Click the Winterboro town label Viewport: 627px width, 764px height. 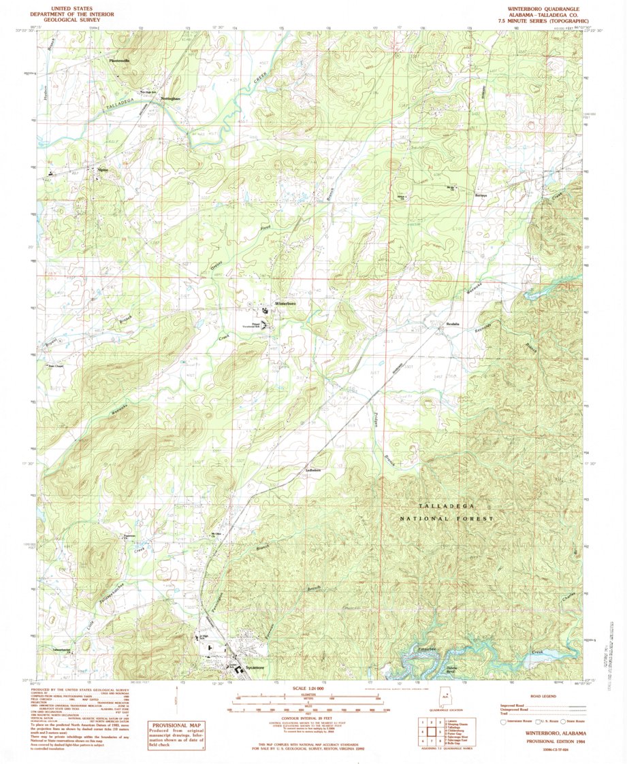(x=285, y=303)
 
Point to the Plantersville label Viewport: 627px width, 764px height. (x=119, y=61)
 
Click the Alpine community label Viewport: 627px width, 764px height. (x=103, y=170)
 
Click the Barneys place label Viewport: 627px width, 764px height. (x=481, y=195)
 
